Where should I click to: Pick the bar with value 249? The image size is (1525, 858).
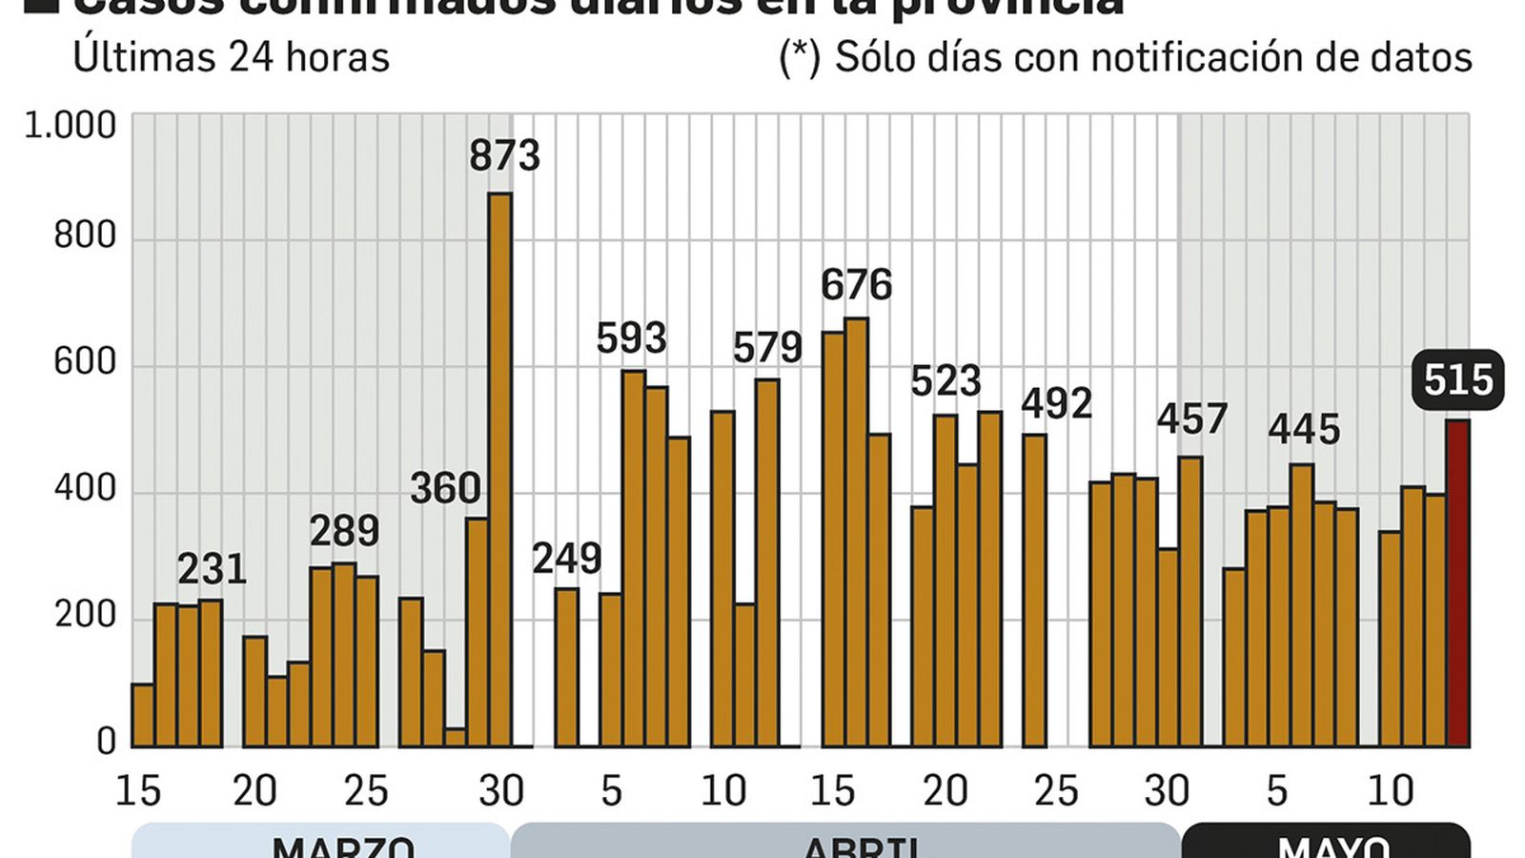click(566, 666)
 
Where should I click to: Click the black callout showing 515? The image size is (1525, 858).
click(1457, 380)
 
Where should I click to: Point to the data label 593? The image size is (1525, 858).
click(631, 338)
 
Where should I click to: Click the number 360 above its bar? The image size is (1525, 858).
click(445, 489)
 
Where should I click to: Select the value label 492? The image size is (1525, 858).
click(1056, 403)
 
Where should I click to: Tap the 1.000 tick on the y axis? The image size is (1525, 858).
click(70, 126)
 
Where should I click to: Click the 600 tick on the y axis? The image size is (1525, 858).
click(84, 362)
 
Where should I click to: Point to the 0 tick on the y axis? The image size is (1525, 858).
click(106, 742)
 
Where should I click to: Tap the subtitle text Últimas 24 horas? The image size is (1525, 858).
click(232, 57)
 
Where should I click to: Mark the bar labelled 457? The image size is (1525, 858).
click(1189, 601)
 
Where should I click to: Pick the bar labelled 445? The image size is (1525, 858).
click(1301, 604)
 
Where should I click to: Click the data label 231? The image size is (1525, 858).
click(212, 570)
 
